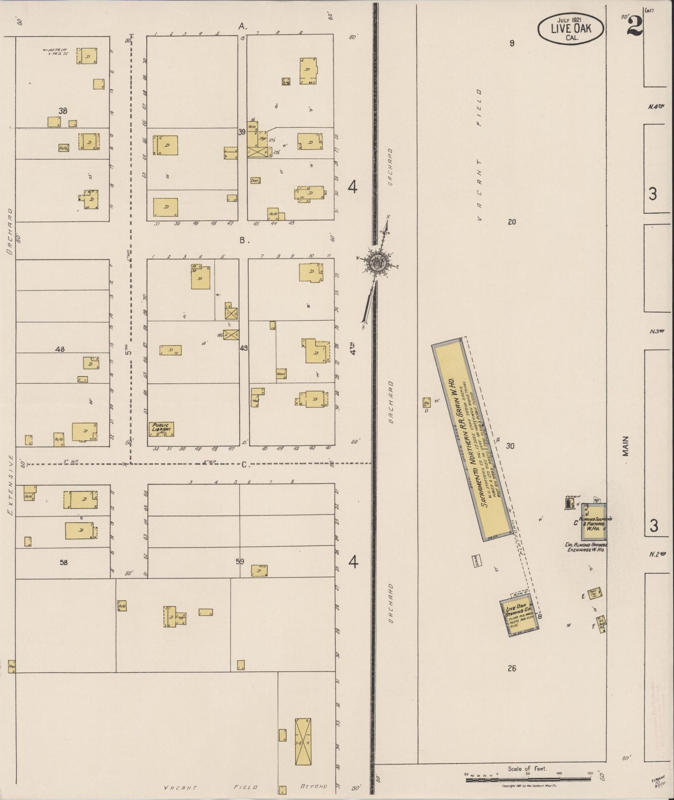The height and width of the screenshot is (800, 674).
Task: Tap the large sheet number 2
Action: [634, 26]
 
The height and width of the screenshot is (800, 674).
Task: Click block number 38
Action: [63, 111]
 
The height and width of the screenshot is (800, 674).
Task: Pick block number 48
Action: [60, 349]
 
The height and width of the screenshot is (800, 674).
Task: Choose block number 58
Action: [63, 562]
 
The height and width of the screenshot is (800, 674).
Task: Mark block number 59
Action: [240, 561]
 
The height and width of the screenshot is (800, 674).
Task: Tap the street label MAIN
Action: [625, 445]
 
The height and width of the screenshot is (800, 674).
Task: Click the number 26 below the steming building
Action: [512, 668]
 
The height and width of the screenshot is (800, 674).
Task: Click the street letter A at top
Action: [242, 27]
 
